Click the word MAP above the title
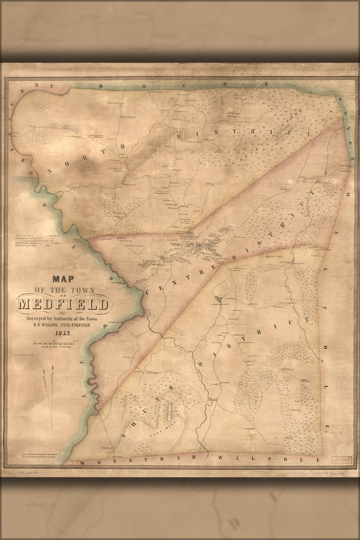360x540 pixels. [63, 280]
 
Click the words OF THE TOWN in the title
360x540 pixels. [63, 292]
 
